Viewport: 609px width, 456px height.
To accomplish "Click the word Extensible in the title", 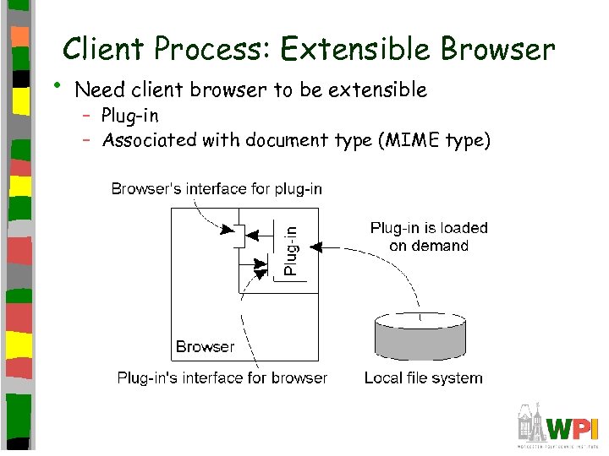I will click(x=355, y=50).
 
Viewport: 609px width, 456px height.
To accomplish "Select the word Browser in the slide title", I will click(x=497, y=50).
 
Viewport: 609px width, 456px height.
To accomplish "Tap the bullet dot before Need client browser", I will click(x=57, y=84).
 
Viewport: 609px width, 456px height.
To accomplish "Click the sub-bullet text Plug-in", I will click(x=129, y=116).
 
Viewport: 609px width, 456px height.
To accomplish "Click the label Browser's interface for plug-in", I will click(x=217, y=189).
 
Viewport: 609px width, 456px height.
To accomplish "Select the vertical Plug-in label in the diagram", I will click(x=290, y=250).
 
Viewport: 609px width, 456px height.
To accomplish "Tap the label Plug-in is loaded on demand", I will click(x=429, y=236).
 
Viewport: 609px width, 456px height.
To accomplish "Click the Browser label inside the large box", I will click(x=205, y=346).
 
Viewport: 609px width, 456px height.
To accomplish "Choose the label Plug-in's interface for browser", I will click(x=222, y=377).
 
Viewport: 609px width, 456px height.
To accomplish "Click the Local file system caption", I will click(x=423, y=377).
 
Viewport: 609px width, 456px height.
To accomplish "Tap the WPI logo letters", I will click(x=573, y=426).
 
